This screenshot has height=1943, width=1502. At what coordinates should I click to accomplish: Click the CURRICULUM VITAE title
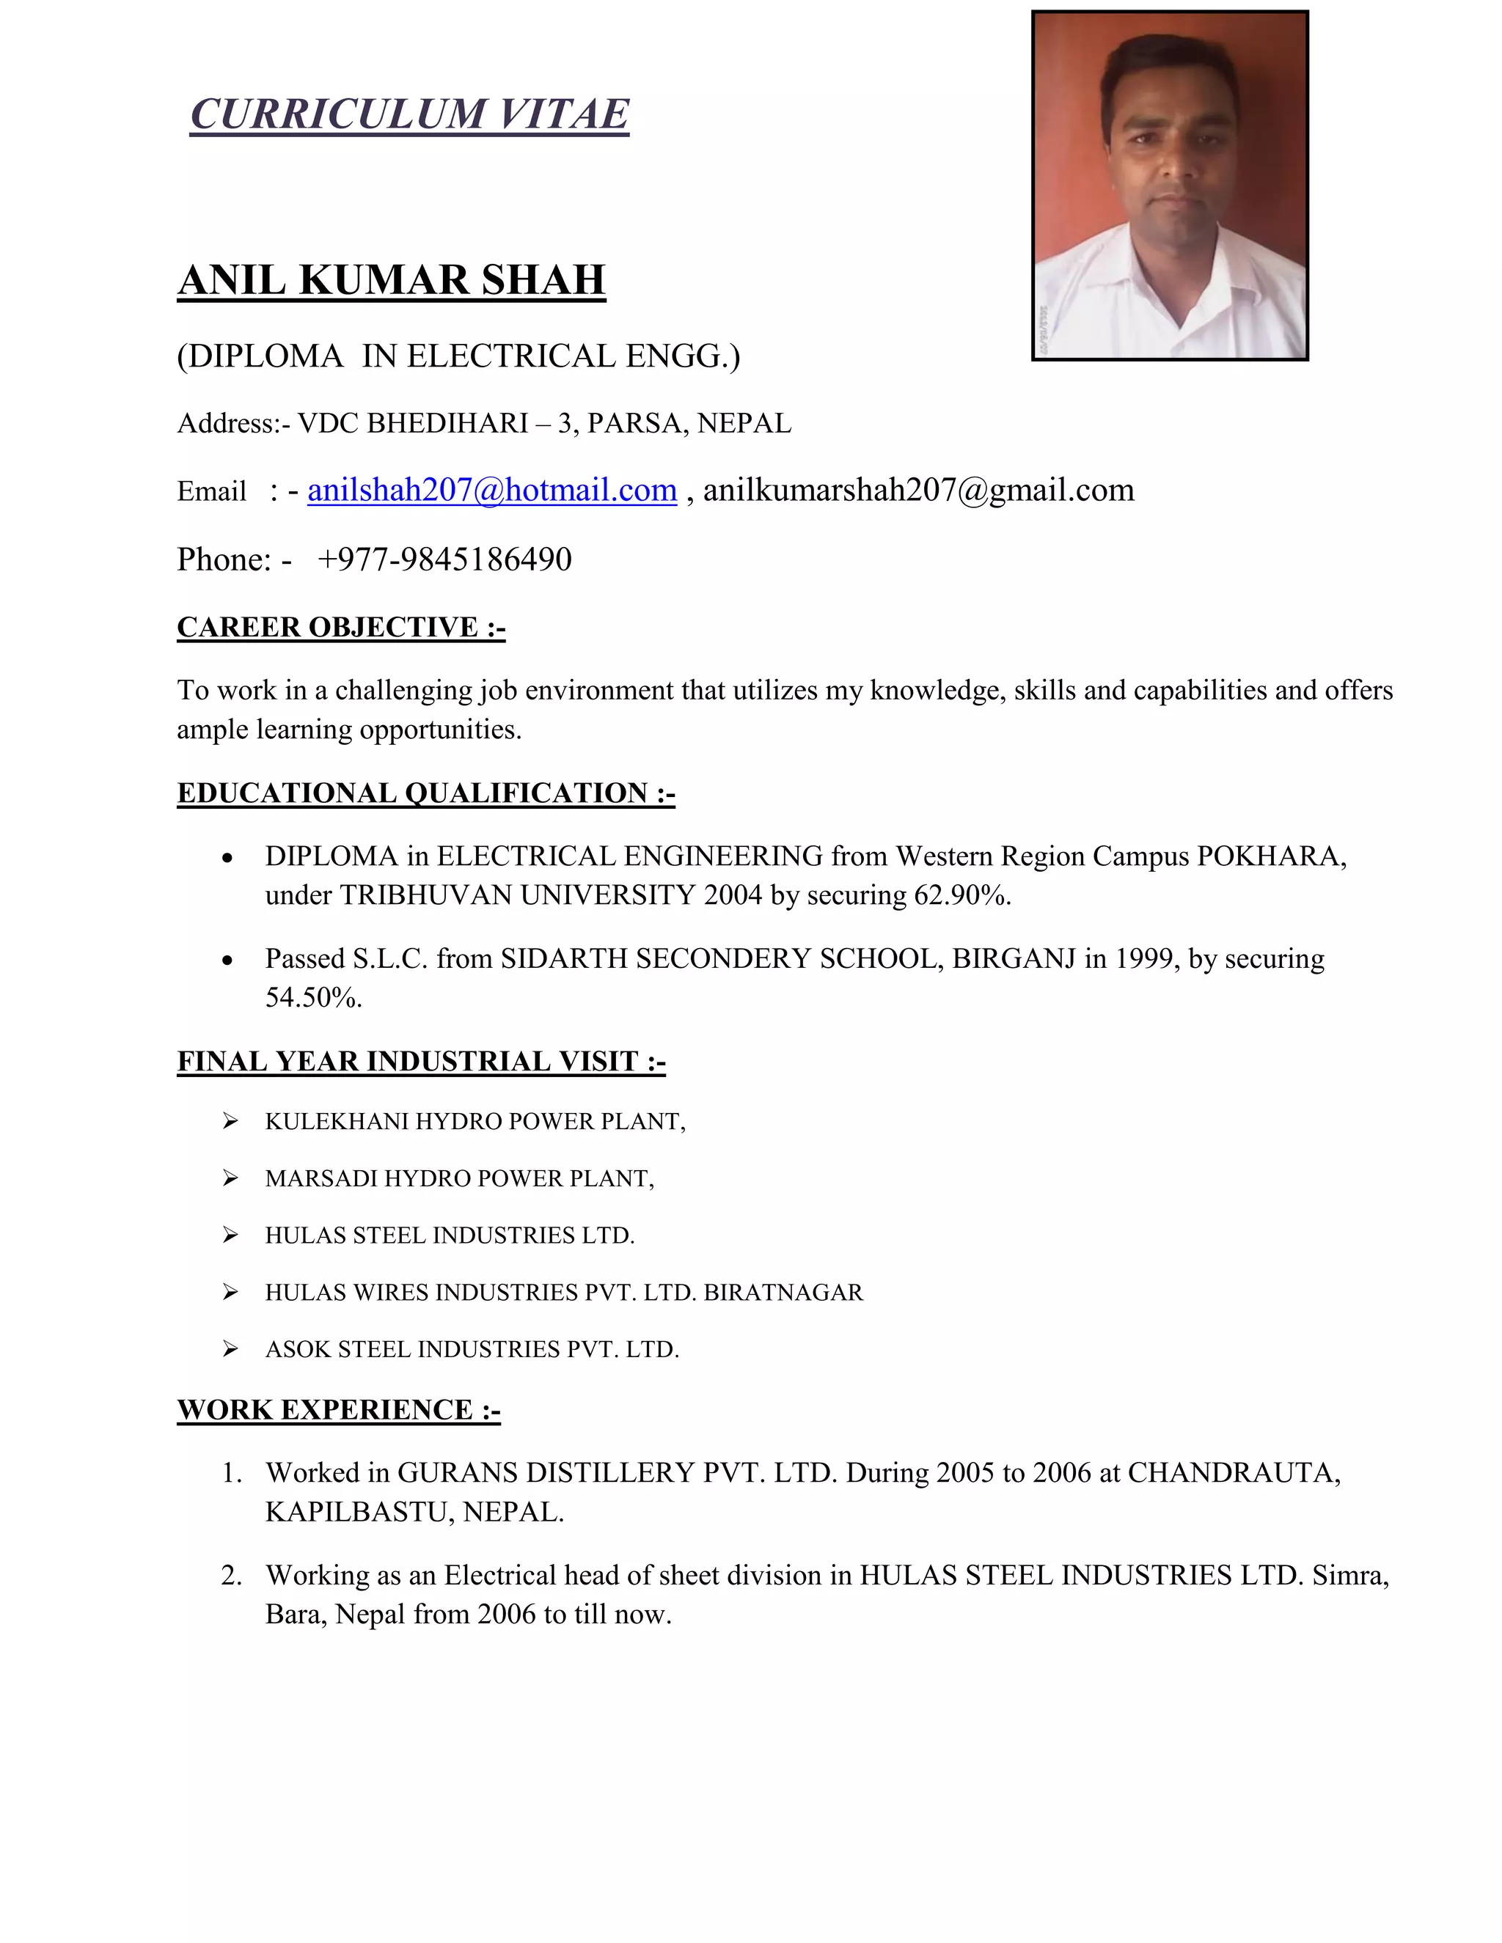click(x=409, y=115)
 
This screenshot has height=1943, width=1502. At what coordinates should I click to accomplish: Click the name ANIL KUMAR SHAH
click(x=392, y=280)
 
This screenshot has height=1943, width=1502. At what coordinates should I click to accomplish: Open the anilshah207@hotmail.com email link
click(x=492, y=491)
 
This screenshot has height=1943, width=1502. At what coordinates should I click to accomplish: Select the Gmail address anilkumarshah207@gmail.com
click(x=918, y=491)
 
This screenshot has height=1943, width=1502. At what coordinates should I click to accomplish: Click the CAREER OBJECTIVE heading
click(x=341, y=627)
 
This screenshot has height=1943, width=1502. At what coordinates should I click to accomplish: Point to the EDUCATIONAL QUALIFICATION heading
click(x=425, y=793)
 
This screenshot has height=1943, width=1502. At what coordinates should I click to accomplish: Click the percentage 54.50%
click(x=313, y=997)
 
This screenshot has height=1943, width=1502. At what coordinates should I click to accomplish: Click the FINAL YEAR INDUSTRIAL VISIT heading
click(x=421, y=1062)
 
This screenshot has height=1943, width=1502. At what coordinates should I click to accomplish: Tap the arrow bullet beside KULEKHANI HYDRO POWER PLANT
click(x=230, y=1121)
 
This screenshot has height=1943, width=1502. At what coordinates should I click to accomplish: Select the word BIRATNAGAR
click(x=783, y=1293)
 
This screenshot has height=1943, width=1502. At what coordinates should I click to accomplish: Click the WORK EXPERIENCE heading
click(x=338, y=1410)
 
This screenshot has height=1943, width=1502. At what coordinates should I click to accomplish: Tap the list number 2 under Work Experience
click(x=231, y=1576)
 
